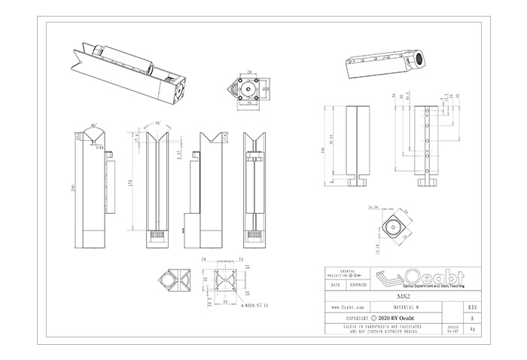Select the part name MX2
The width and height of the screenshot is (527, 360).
[402, 296]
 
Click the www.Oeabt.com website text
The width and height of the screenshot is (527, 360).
[349, 307]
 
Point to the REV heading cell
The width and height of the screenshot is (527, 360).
[471, 307]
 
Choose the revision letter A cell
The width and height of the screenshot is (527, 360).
[471, 318]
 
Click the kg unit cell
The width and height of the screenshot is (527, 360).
[471, 329]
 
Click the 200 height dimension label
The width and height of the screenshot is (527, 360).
[73, 188]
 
